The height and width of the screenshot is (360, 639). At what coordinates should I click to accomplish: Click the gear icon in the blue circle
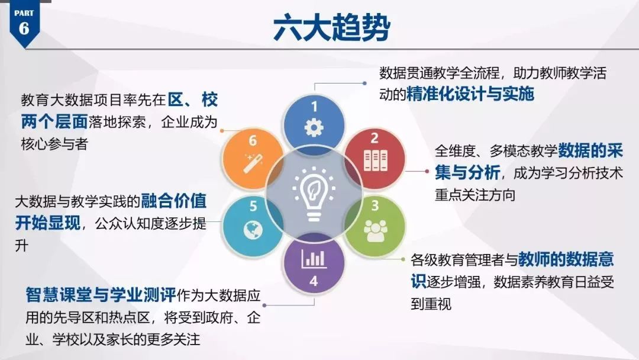[x=314, y=128]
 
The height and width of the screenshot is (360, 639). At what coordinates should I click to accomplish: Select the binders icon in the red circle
[x=375, y=160]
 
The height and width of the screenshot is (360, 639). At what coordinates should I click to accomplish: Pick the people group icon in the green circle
[x=375, y=231]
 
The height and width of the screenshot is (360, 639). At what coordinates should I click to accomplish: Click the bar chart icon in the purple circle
[x=314, y=259]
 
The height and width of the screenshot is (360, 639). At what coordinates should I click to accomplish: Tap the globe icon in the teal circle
[x=253, y=230]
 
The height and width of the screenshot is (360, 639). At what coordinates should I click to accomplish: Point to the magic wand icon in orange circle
[x=253, y=163]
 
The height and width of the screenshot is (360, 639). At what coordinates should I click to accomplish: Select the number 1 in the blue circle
[x=314, y=107]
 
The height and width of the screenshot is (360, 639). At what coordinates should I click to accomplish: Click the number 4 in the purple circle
[x=314, y=281]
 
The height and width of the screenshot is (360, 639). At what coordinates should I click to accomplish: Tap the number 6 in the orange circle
[x=253, y=141]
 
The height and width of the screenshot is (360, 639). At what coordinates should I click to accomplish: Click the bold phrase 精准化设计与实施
[x=470, y=94]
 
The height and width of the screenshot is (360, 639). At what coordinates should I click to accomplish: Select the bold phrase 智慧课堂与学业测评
[x=101, y=295]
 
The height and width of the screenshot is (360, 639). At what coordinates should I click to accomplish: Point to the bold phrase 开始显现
[x=48, y=223]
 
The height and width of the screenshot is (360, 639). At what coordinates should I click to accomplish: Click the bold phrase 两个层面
[x=54, y=122]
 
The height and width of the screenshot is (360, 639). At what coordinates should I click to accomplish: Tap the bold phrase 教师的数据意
[x=566, y=259]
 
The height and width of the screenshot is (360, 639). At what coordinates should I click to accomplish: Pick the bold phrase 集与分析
[x=467, y=173]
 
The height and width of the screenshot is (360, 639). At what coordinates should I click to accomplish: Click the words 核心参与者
[x=54, y=144]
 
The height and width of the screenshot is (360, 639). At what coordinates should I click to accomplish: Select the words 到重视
[x=431, y=304]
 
